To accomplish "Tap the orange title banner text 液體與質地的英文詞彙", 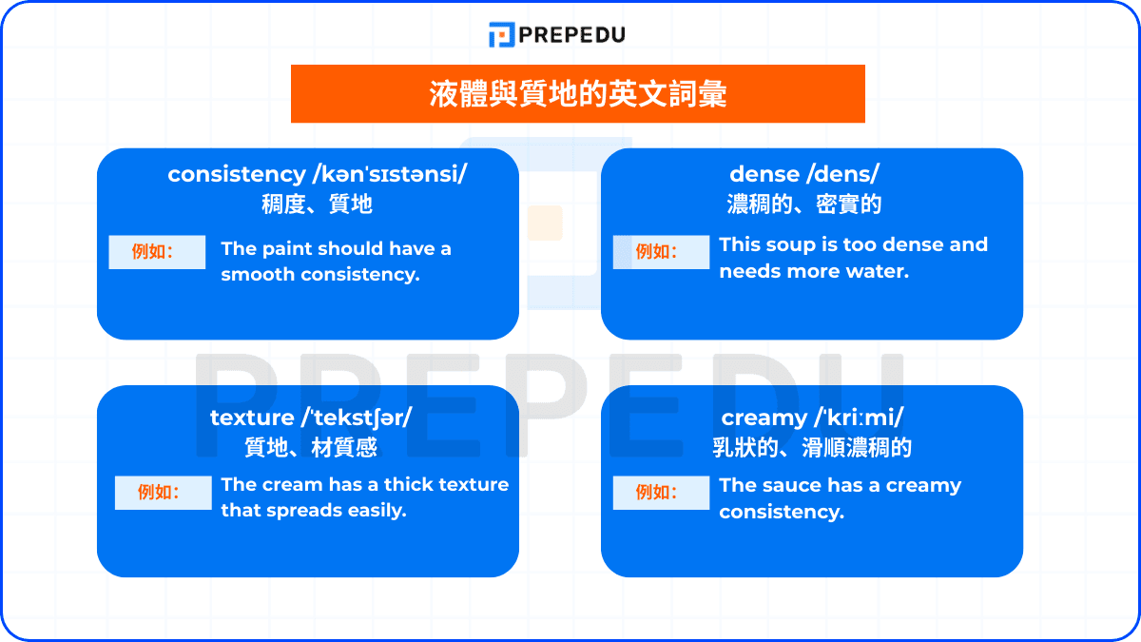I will tap(578, 94).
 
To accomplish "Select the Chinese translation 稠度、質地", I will tap(317, 204).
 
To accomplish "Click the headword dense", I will tap(764, 174).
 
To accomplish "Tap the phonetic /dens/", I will tap(841, 174).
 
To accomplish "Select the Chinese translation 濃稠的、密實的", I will tap(803, 204).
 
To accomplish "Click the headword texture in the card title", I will tap(252, 418).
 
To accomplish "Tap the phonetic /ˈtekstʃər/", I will tap(357, 418).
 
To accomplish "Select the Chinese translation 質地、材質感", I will tap(311, 447).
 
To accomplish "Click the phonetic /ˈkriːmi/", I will tap(857, 418).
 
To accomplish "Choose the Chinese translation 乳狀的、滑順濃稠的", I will tap(812, 447).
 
